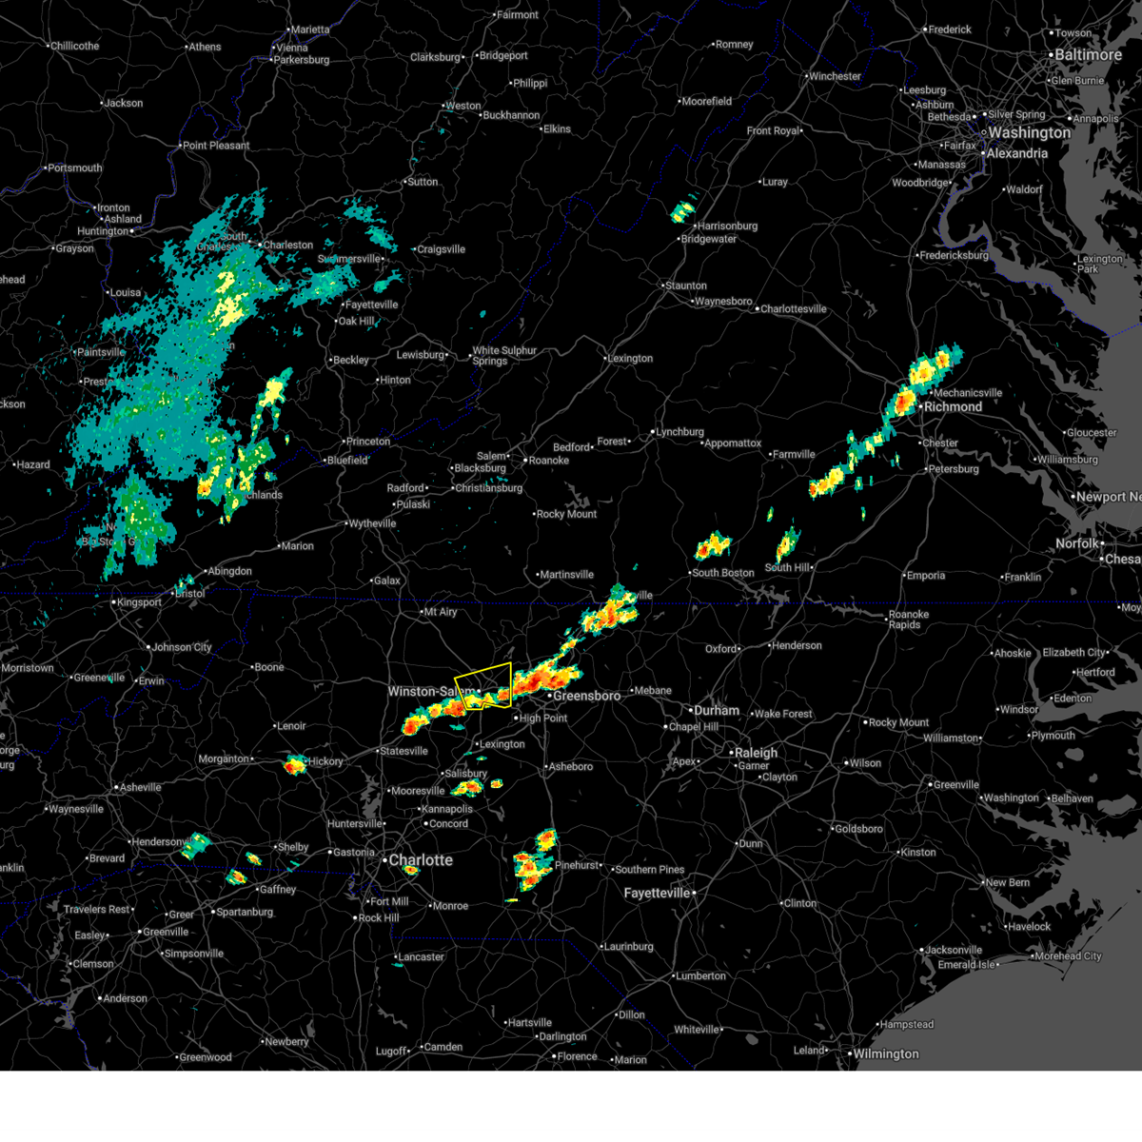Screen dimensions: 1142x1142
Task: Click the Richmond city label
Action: tap(953, 407)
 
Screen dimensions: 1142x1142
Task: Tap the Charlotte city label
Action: tap(421, 860)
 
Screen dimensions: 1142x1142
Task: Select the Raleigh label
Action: tap(755, 753)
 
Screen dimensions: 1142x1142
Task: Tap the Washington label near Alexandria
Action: tap(1029, 133)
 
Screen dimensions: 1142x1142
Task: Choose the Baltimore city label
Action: tap(1088, 55)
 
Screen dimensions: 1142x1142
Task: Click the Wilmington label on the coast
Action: tap(885, 1054)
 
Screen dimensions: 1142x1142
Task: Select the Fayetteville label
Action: tap(657, 894)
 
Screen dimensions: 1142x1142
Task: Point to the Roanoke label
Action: tap(549, 461)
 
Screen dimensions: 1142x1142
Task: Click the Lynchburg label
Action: tap(679, 432)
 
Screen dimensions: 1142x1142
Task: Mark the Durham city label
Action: tap(717, 711)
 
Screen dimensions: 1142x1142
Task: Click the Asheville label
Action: tap(140, 788)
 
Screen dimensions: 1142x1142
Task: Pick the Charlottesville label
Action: tap(794, 309)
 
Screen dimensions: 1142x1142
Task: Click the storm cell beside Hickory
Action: tap(295, 763)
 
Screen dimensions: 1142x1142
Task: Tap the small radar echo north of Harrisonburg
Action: tap(683, 211)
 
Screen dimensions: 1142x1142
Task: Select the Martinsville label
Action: tap(566, 575)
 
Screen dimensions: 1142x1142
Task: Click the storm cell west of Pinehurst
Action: tap(533, 861)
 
